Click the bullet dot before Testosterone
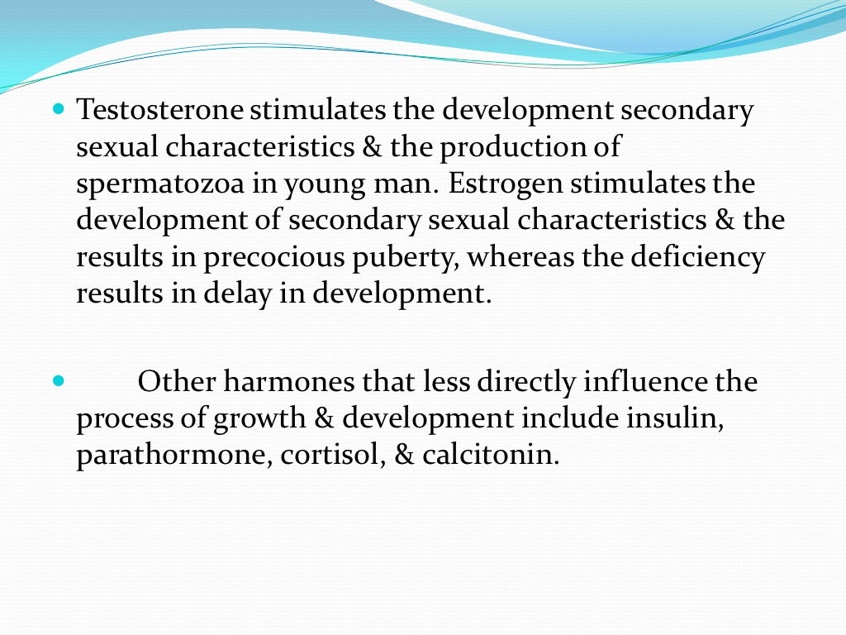click(58, 109)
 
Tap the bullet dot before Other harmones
click(58, 381)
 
